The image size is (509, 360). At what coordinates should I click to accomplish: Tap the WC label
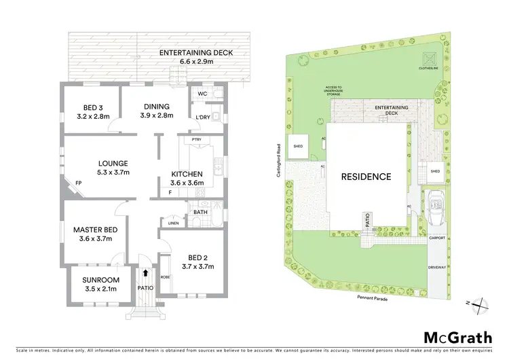pos(202,94)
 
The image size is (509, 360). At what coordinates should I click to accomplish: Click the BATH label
pos(200,212)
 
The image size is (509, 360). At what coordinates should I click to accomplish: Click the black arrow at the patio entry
pos(144,273)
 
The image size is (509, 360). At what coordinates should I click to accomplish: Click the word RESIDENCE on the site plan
pos(366,177)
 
